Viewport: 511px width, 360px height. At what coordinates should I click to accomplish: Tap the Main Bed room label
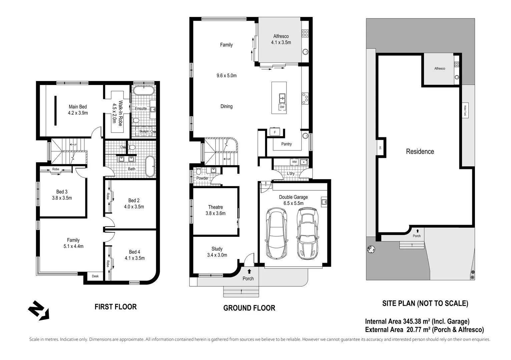pyautogui.click(x=78, y=107)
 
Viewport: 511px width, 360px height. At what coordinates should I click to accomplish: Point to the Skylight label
pyautogui.click(x=144, y=132)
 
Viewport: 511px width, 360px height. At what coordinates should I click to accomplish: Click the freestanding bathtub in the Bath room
pyautogui.click(x=150, y=166)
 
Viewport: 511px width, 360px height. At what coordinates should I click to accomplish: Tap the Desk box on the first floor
pyautogui.click(x=95, y=276)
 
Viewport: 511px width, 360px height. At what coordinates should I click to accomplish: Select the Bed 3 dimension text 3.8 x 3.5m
pyautogui.click(x=62, y=198)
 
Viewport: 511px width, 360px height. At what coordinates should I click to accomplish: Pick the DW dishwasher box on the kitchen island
pyautogui.click(x=282, y=107)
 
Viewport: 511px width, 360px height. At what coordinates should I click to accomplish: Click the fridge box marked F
pyautogui.click(x=275, y=132)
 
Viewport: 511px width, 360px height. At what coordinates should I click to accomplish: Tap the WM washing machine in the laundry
pyautogui.click(x=294, y=162)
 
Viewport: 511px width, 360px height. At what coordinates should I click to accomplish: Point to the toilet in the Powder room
pyautogui.click(x=198, y=172)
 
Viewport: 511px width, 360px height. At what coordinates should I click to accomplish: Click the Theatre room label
pyautogui.click(x=215, y=207)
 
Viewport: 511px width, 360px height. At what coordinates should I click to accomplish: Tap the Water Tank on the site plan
pyautogui.click(x=465, y=110)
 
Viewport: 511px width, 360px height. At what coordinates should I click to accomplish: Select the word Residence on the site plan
pyautogui.click(x=420, y=152)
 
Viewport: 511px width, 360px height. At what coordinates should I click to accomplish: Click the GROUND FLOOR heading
pyautogui.click(x=249, y=308)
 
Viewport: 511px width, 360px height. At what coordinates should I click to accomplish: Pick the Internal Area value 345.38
pyautogui.click(x=412, y=322)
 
